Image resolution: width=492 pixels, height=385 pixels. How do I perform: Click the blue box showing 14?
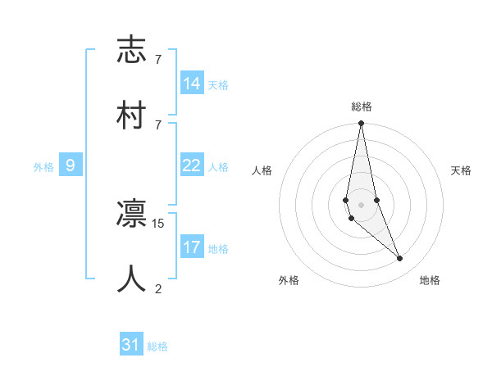tap(192, 84)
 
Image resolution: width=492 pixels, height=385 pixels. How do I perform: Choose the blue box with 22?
tap(192, 165)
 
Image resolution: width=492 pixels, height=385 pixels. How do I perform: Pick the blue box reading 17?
tap(192, 247)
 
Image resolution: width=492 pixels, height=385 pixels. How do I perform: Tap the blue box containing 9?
tap(71, 165)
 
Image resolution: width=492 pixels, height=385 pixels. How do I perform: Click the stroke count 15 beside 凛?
tap(159, 223)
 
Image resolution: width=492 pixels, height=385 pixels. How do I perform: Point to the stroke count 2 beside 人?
tap(158, 288)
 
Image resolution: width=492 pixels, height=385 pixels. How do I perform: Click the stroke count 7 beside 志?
tap(158, 60)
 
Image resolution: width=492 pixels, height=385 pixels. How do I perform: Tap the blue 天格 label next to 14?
tap(218, 85)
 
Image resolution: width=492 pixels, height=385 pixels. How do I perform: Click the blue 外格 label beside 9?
tap(43, 167)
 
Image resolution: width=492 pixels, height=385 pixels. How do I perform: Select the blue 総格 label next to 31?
tap(157, 346)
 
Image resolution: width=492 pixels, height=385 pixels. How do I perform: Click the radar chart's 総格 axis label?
tap(362, 106)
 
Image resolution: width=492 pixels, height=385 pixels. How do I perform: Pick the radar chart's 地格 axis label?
tap(430, 280)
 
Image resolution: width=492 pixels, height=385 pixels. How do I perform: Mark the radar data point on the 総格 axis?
tap(361, 124)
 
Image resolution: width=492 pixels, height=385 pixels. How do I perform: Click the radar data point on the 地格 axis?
tap(400, 259)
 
